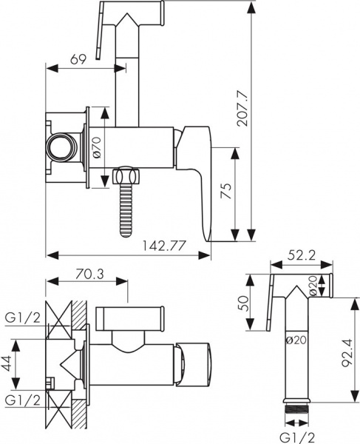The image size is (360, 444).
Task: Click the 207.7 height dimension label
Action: tap(243, 108)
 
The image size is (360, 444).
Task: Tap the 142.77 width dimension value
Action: tap(164, 246)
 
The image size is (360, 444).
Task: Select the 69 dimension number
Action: tap(78, 59)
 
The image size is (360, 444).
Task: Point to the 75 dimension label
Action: tap(226, 191)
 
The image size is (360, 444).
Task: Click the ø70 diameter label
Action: tap(96, 147)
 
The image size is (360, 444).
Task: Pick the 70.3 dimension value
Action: tap(90, 274)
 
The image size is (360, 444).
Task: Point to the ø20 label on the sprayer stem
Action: tap(296, 340)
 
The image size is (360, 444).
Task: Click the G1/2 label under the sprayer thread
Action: tap(297, 438)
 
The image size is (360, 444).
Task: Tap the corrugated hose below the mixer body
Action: tap(126, 209)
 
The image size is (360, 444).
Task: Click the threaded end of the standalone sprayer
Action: tap(297, 408)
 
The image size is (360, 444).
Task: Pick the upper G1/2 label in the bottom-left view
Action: tap(23, 318)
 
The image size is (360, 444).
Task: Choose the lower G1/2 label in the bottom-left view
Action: tap(23, 400)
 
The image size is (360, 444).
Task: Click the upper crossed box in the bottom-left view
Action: tap(59, 320)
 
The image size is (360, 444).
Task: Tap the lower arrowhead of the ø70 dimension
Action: tap(105, 181)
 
